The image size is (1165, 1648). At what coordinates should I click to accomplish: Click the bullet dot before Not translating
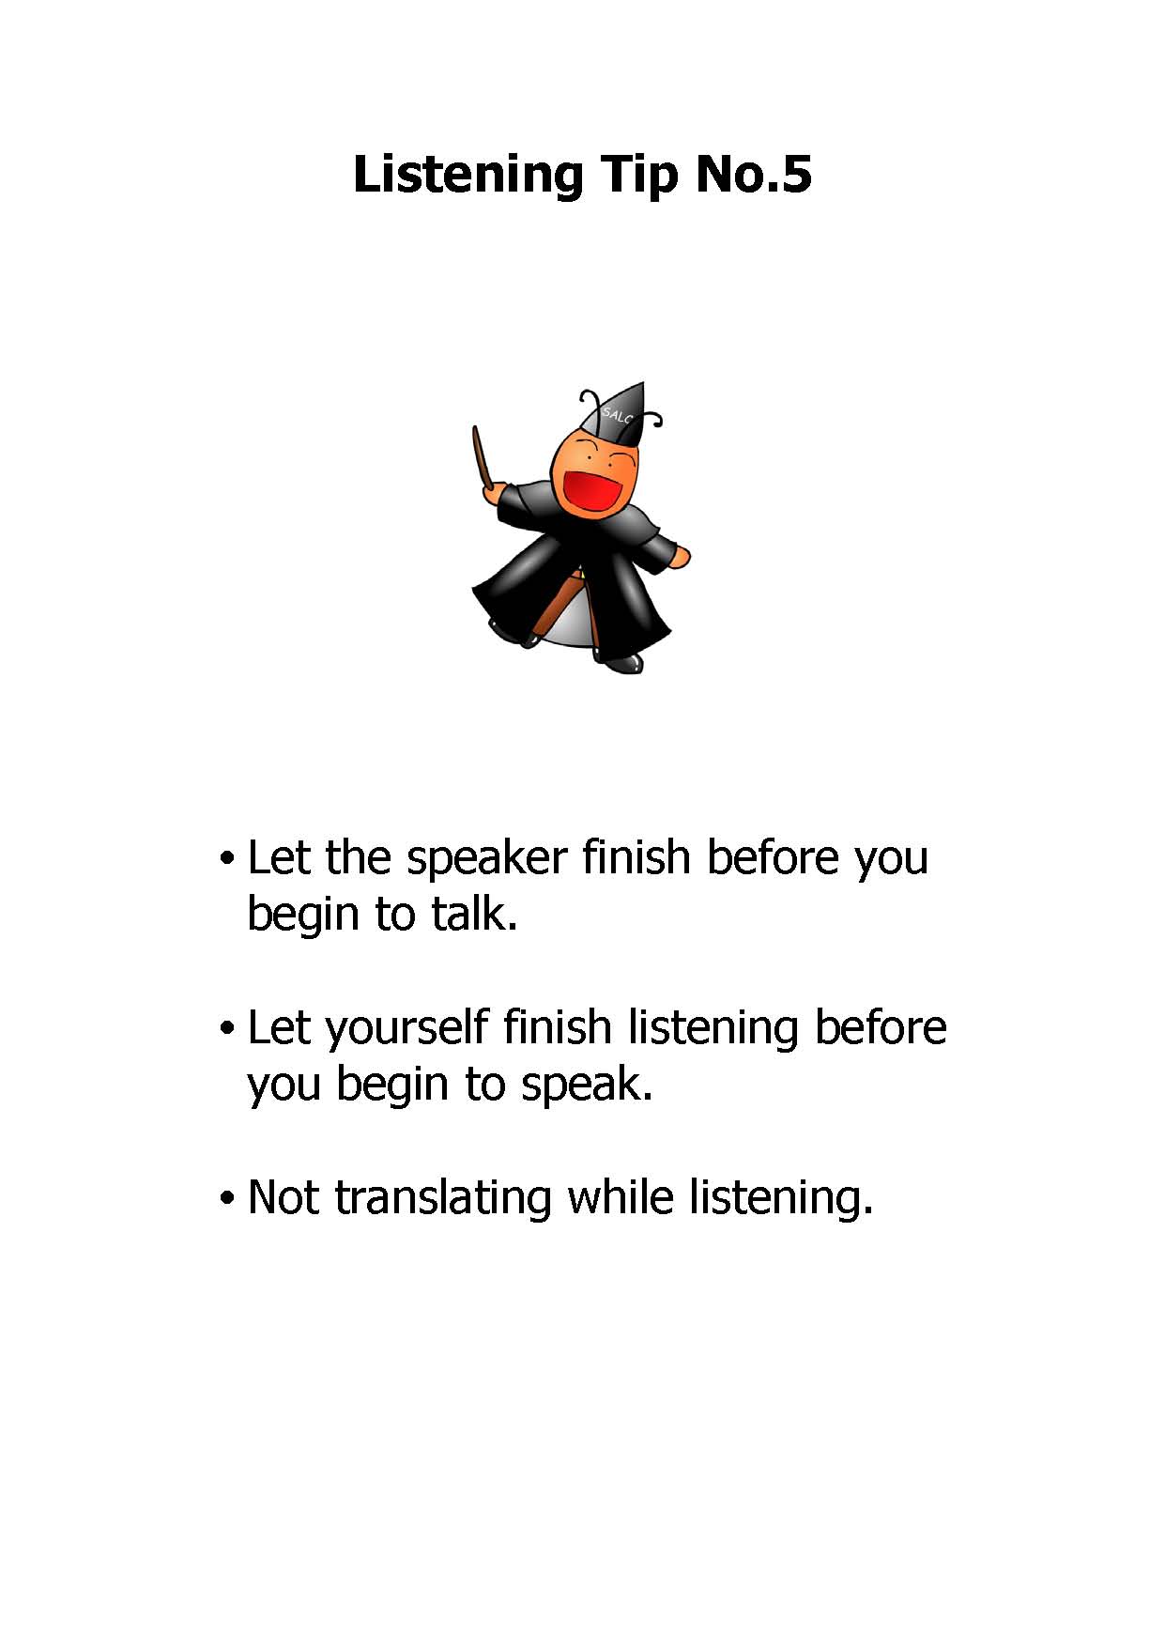(225, 1199)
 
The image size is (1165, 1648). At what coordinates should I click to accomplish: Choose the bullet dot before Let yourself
(225, 1029)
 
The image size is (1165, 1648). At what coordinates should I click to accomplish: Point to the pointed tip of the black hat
(641, 384)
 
